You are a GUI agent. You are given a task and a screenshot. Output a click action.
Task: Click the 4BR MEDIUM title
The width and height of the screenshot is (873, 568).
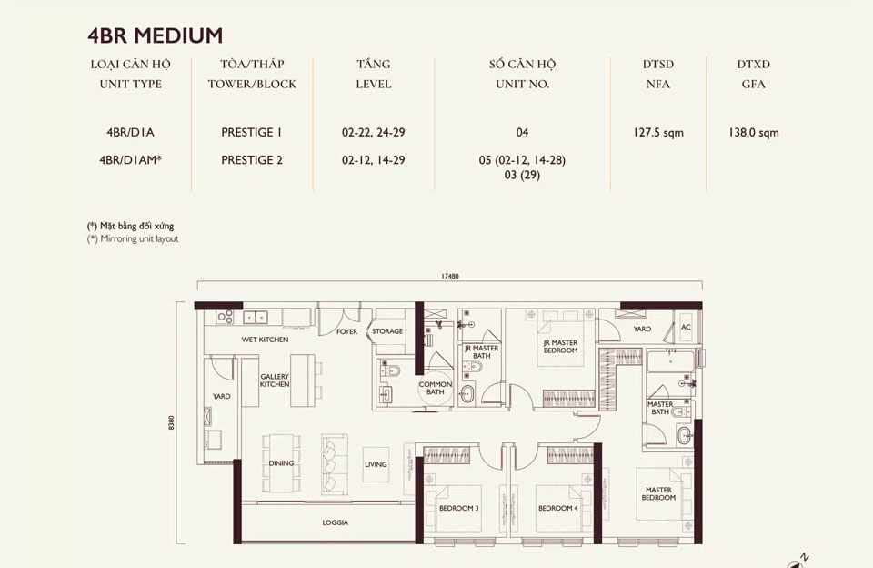[x=155, y=35]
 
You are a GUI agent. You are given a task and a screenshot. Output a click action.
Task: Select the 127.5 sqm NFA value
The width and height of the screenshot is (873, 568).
[x=658, y=133]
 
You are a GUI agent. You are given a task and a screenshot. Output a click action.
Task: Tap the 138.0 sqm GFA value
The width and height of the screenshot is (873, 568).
[x=754, y=133]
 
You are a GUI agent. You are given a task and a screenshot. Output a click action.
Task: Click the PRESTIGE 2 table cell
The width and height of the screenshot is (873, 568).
[x=252, y=160]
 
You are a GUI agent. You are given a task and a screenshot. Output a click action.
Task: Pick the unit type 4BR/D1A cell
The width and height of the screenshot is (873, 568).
[x=130, y=133]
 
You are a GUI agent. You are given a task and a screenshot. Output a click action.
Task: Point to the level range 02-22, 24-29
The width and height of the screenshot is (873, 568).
[x=373, y=133]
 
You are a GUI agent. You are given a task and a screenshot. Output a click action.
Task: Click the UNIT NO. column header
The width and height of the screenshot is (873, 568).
[x=522, y=84]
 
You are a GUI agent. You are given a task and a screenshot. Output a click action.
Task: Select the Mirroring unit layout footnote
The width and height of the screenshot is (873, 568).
[x=133, y=239]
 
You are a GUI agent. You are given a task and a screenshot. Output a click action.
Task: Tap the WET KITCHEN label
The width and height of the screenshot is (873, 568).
[x=265, y=340]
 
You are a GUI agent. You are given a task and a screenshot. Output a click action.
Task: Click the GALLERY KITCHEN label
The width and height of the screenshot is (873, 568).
[x=275, y=380]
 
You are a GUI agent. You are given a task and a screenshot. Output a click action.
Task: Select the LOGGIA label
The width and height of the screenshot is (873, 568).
[x=336, y=522]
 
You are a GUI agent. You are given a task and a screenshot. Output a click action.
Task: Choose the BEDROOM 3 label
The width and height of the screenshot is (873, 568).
[x=458, y=508]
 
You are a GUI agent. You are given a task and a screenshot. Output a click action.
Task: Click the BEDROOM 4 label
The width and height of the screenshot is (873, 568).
[x=557, y=508]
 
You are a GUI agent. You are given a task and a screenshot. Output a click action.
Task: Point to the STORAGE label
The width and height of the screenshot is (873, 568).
[x=387, y=331]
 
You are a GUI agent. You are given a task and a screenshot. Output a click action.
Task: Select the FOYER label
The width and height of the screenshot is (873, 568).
[x=346, y=331]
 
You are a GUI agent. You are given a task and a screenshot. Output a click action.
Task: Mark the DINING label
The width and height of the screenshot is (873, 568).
[x=281, y=463]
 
